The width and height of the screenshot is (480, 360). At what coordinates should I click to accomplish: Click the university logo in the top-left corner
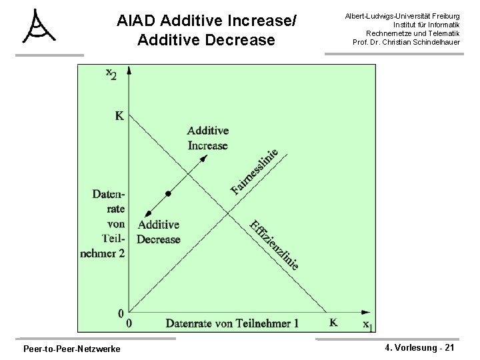(x=39, y=27)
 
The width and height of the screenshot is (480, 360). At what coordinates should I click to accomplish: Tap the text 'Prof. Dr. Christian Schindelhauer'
(x=407, y=42)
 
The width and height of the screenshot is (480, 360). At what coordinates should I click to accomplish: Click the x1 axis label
(x=368, y=325)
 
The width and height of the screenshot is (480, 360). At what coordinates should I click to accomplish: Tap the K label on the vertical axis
(x=119, y=116)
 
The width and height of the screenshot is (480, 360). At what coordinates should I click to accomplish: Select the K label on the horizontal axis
(x=333, y=323)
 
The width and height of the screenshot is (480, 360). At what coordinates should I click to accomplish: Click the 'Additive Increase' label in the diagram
(x=207, y=138)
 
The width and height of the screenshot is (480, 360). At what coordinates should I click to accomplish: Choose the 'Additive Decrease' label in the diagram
(x=159, y=232)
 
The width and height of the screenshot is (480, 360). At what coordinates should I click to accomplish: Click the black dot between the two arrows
(x=169, y=193)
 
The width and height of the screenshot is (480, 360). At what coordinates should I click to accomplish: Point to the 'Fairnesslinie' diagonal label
(x=254, y=171)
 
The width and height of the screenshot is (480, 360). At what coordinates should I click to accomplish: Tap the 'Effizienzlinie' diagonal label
(x=273, y=245)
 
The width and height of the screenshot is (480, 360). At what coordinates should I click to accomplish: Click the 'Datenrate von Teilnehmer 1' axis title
(x=232, y=323)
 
